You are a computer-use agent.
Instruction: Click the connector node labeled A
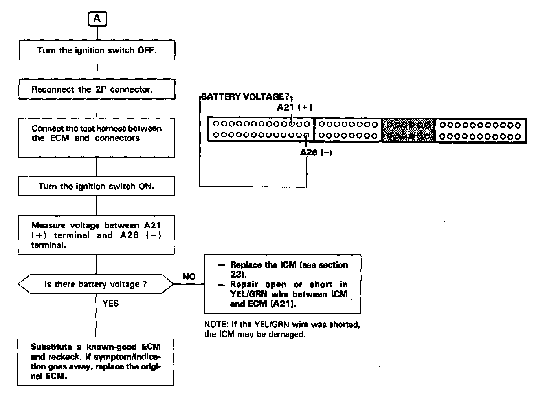pos(97,18)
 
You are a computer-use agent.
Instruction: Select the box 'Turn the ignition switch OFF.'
pos(97,50)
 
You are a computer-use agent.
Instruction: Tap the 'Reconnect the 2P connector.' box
pos(97,89)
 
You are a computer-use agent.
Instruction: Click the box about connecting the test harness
pos(97,138)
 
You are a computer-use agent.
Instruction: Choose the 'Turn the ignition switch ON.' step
pos(96,186)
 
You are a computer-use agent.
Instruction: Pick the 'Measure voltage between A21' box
pos(96,235)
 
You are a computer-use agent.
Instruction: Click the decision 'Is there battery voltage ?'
pos(96,284)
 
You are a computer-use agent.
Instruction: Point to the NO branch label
pos(189,277)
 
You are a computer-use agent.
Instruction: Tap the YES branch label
pos(110,303)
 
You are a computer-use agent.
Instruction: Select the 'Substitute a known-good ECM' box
pos(96,361)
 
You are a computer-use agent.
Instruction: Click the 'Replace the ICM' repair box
pos(283,284)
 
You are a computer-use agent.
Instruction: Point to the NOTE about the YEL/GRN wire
pos(282,329)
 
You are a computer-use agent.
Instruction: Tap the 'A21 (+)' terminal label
pos(294,107)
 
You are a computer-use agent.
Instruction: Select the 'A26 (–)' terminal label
pos(316,153)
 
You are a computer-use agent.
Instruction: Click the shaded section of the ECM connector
pos(408,130)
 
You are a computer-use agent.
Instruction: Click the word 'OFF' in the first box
pos(146,50)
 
